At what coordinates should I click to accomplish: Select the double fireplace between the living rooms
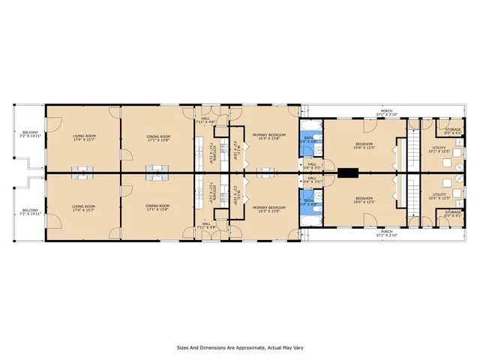point(81,173)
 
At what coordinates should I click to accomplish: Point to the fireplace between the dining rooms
point(156,173)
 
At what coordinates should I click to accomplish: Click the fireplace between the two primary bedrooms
point(264,173)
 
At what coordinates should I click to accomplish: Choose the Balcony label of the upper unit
point(29,135)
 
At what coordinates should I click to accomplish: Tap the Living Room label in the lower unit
point(84,207)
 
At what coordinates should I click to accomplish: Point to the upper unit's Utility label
point(439,149)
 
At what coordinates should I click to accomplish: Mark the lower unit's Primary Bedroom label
point(268,208)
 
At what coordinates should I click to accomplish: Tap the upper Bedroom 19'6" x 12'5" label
point(367,145)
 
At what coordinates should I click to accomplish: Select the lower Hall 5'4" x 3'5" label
point(311,179)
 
